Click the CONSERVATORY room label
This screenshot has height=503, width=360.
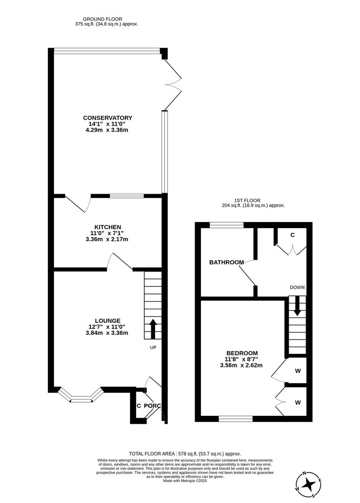pyautogui.click(x=108, y=118)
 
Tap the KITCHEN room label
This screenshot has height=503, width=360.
pyautogui.click(x=108, y=227)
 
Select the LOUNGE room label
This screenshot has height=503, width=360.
pyautogui.click(x=108, y=320)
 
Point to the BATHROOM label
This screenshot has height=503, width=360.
pyautogui.click(x=226, y=262)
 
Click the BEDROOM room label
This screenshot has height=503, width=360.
pyautogui.click(x=242, y=353)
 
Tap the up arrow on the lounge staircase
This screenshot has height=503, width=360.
pyautogui.click(x=153, y=329)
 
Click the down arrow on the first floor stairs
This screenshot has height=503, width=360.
pyautogui.click(x=297, y=310)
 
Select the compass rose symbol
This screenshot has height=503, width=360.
pyautogui.click(x=308, y=484)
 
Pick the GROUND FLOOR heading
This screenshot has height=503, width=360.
pyautogui.click(x=107, y=19)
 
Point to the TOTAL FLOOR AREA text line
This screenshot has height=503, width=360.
pyautogui.click(x=185, y=453)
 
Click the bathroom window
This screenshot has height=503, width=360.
pyautogui.click(x=226, y=225)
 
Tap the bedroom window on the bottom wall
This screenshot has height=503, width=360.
pyautogui.click(x=236, y=419)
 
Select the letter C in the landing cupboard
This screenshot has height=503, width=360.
pyautogui.click(x=292, y=235)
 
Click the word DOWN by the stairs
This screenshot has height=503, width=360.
pyautogui.click(x=297, y=287)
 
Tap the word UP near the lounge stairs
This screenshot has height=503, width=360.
pyautogui.click(x=153, y=347)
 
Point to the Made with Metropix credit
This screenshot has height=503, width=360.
pyautogui.click(x=185, y=481)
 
